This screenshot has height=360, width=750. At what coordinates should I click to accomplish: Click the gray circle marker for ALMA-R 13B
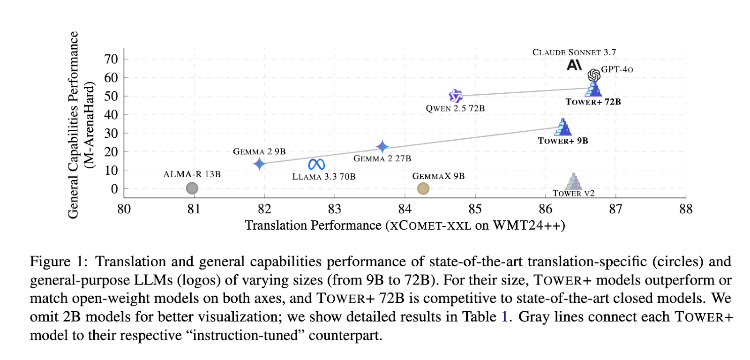point(192,188)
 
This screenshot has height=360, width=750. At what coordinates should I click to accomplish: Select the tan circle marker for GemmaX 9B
point(423,188)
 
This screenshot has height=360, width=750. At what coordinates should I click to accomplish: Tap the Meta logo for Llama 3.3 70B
point(316,164)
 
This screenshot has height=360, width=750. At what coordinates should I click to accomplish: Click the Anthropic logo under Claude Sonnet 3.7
point(574,65)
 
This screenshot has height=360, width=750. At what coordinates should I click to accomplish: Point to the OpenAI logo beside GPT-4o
point(594,75)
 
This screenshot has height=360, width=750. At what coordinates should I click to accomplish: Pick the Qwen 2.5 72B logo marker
point(456,96)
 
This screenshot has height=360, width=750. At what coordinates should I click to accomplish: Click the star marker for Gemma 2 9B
point(259,164)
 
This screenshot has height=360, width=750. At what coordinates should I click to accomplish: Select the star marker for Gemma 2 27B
point(383,147)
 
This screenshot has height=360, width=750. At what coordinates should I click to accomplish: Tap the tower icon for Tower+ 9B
point(563,127)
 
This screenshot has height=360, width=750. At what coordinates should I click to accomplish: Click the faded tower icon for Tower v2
point(573,181)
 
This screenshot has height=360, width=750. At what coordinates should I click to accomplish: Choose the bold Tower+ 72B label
point(593,102)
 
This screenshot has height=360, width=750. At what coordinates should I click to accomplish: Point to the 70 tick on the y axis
point(111,59)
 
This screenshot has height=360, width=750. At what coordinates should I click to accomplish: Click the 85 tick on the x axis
point(475,209)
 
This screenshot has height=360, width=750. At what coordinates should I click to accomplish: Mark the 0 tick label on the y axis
point(114,189)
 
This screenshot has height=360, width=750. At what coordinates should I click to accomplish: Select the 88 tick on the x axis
point(685,209)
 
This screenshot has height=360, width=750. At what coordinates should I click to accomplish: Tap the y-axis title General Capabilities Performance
point(73,125)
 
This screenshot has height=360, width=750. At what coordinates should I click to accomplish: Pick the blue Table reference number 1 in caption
point(504,317)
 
